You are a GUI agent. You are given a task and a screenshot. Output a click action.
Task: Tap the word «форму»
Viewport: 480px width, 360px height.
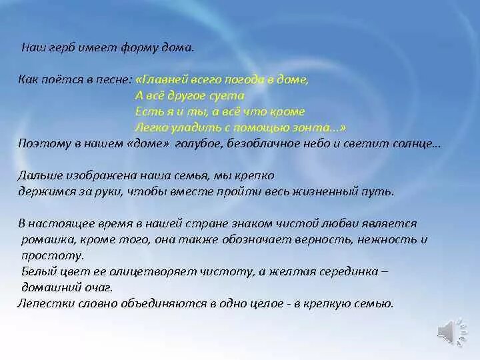coord(138,47)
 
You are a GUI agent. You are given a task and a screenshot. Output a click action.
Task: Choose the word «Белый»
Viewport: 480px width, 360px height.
coord(37,271)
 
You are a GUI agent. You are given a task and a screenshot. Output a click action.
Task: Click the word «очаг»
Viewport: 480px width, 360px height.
coord(99,287)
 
